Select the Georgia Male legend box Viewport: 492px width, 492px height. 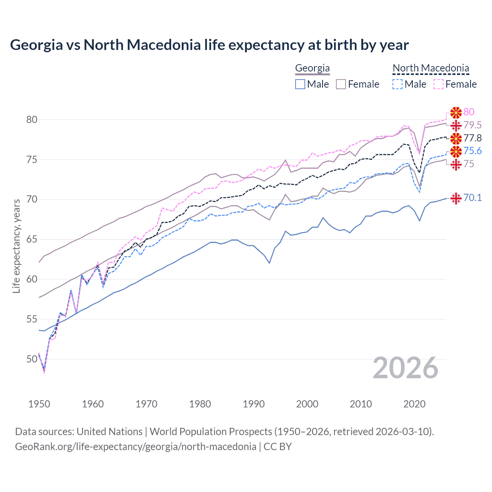point(300,84)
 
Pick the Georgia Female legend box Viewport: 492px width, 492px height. point(341,84)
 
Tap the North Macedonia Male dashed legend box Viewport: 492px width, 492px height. point(397,84)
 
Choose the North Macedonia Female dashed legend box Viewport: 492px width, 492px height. point(439,84)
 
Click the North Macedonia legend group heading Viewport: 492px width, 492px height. point(430,68)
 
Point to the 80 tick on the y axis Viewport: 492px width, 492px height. point(32,120)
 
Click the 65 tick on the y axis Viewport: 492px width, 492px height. point(32,239)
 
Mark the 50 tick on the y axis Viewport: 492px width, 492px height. point(32,359)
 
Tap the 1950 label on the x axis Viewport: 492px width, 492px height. point(39,404)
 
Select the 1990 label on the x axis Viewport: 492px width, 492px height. point(254,404)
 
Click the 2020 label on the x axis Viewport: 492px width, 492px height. point(414,404)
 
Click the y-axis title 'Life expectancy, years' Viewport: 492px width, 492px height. point(16,246)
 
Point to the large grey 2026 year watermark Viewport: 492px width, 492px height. point(406,368)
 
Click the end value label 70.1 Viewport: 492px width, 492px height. point(472,198)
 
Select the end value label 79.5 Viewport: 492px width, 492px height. point(472,125)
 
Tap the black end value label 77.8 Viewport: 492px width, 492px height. point(472,138)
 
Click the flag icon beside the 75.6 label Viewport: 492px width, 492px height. point(456,151)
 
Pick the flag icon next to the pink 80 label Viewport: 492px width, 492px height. point(456,112)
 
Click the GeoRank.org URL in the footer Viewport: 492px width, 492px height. point(135,447)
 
